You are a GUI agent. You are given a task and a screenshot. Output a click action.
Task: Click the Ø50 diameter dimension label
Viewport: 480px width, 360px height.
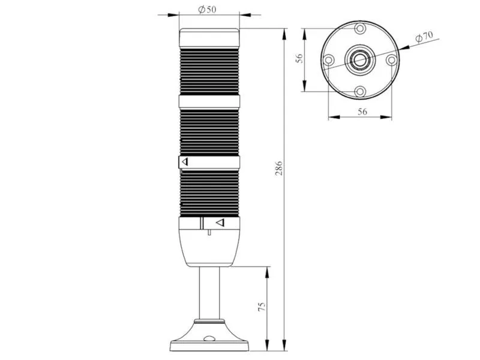(x=207, y=10)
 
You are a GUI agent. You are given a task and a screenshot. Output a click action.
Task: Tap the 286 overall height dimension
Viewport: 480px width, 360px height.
(x=279, y=168)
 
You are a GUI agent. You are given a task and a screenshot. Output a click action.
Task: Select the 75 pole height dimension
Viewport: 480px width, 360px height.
(x=262, y=307)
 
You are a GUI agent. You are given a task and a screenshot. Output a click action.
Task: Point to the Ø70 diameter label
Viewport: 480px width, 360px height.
(x=424, y=37)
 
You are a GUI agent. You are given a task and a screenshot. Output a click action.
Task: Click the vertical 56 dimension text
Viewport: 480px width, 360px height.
(x=299, y=58)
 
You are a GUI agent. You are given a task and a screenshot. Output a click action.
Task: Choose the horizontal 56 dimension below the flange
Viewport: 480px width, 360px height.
(x=362, y=112)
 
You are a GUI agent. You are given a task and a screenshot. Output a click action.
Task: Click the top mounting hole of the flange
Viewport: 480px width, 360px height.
(x=361, y=29)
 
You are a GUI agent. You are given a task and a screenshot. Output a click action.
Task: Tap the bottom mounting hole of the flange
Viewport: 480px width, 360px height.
(x=361, y=91)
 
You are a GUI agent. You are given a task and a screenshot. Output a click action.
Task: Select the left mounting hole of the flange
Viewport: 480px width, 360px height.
(x=328, y=59)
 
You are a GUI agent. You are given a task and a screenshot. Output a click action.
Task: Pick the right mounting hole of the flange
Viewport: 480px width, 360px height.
(x=392, y=59)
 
